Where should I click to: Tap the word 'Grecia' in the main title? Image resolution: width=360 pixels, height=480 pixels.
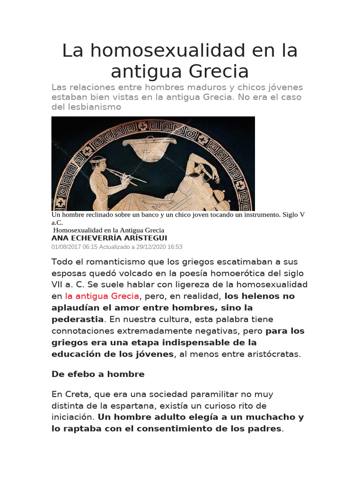219,71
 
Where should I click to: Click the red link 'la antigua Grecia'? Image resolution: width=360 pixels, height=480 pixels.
102,296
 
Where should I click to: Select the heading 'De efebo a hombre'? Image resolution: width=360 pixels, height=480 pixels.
98,374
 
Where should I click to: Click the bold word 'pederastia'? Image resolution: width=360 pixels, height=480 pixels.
77,319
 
